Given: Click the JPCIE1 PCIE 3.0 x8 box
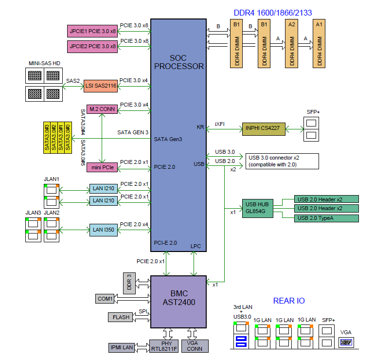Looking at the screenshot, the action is [x=92, y=31].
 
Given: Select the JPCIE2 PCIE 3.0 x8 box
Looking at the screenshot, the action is [x=92, y=47].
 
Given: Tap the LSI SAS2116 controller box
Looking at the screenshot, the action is [x=101, y=86].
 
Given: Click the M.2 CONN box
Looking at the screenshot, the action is [x=102, y=109].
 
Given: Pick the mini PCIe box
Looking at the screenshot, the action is [x=102, y=167].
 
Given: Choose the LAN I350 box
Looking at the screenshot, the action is [x=104, y=230].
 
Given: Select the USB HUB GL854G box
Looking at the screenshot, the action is [x=258, y=208].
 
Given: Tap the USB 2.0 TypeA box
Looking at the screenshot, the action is [x=326, y=218].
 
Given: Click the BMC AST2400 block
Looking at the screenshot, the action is [x=178, y=302].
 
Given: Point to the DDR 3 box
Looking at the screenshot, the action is [x=129, y=283].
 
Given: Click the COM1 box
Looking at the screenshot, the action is [x=105, y=299].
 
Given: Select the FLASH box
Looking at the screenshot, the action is [x=120, y=317].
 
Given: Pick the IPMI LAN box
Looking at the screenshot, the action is [x=122, y=347].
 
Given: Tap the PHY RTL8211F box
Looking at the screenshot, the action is [x=164, y=346].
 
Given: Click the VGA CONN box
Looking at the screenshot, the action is [x=195, y=346].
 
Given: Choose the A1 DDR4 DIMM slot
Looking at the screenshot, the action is [x=319, y=44].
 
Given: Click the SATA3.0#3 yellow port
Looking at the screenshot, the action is [x=47, y=138].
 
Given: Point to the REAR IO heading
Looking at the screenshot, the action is [x=289, y=301].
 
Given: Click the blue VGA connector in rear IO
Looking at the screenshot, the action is [x=346, y=342].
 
